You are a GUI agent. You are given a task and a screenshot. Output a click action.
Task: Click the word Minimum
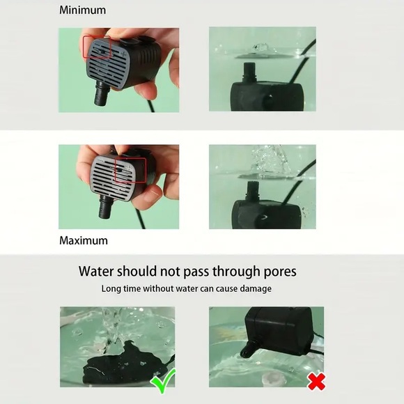tap(82, 10)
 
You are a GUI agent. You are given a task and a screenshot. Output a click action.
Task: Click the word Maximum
tap(83, 240)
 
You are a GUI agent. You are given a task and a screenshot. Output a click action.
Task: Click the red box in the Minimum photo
tap(98, 47)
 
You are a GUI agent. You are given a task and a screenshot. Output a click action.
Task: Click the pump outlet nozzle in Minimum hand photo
tap(102, 93)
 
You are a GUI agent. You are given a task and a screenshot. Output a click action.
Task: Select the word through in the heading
tap(215, 271)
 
